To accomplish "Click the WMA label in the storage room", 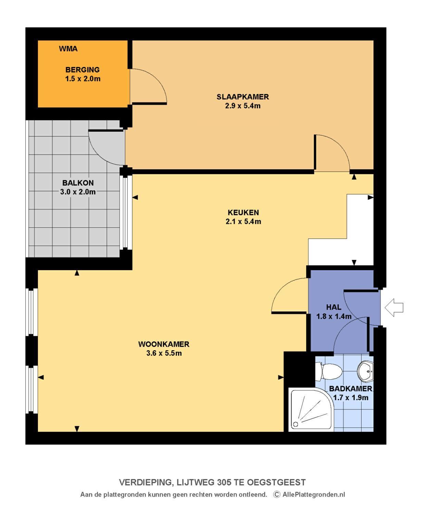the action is [x=68, y=49].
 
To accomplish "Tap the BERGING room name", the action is [x=83, y=70].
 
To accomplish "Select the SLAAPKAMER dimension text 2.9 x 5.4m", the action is [x=242, y=106].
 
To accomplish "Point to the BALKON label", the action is [x=78, y=183].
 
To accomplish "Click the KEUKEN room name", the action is [x=243, y=212].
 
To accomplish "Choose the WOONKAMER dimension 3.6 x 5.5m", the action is [x=164, y=353].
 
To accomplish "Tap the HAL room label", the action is [x=333, y=307].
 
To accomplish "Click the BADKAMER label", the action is [x=351, y=389].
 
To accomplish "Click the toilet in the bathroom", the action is [x=329, y=371].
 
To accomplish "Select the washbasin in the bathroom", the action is [x=365, y=371].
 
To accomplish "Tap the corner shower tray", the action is [x=311, y=409].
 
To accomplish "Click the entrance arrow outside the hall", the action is [x=394, y=307].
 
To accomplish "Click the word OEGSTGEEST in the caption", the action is [x=276, y=482].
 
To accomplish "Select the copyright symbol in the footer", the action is [x=276, y=494].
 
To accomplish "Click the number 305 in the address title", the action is [x=224, y=482].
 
